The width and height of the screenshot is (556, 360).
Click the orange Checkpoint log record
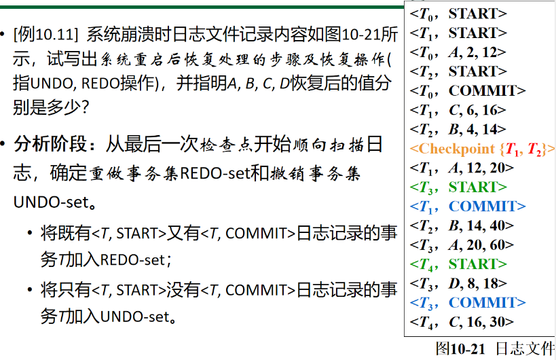[x=482, y=148]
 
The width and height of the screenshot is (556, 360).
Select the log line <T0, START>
[x=458, y=13]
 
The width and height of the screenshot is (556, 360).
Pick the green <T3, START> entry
[x=458, y=187]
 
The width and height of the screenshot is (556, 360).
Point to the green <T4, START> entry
[x=458, y=264]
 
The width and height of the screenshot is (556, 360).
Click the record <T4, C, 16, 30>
[x=462, y=322]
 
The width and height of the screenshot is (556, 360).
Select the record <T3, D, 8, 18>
[x=458, y=283]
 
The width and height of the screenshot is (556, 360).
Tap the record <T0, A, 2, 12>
[x=458, y=52]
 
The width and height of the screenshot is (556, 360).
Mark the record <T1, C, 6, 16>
[x=458, y=110]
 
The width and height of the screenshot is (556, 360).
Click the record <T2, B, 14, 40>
[x=462, y=226]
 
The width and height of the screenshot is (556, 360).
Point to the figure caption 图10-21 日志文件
[x=495, y=348]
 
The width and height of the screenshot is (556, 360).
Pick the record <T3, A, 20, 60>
[x=462, y=245]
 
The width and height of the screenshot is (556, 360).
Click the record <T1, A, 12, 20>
[x=462, y=168]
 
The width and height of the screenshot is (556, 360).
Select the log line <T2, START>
[x=458, y=71]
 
